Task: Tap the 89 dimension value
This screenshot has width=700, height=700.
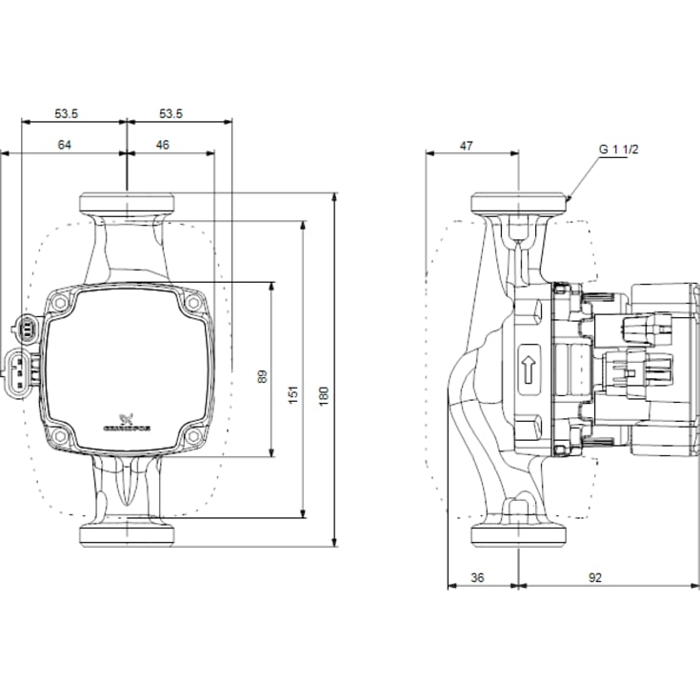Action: click(263, 376)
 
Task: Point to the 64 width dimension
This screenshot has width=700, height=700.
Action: click(65, 145)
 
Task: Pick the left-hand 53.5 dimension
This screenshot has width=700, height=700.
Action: click(66, 113)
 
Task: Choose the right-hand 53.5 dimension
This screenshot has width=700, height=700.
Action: click(170, 113)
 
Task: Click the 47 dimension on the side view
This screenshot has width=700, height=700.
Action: click(466, 146)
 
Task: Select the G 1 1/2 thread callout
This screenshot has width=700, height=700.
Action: click(616, 150)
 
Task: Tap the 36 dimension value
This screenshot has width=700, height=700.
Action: click(478, 576)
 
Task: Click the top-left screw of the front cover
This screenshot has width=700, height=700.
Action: click(60, 304)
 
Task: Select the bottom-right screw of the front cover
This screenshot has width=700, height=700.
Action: click(193, 436)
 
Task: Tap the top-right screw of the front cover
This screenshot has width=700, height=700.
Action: click(193, 304)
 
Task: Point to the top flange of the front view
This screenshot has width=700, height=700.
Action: click(127, 203)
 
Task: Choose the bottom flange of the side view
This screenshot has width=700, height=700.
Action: click(517, 534)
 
